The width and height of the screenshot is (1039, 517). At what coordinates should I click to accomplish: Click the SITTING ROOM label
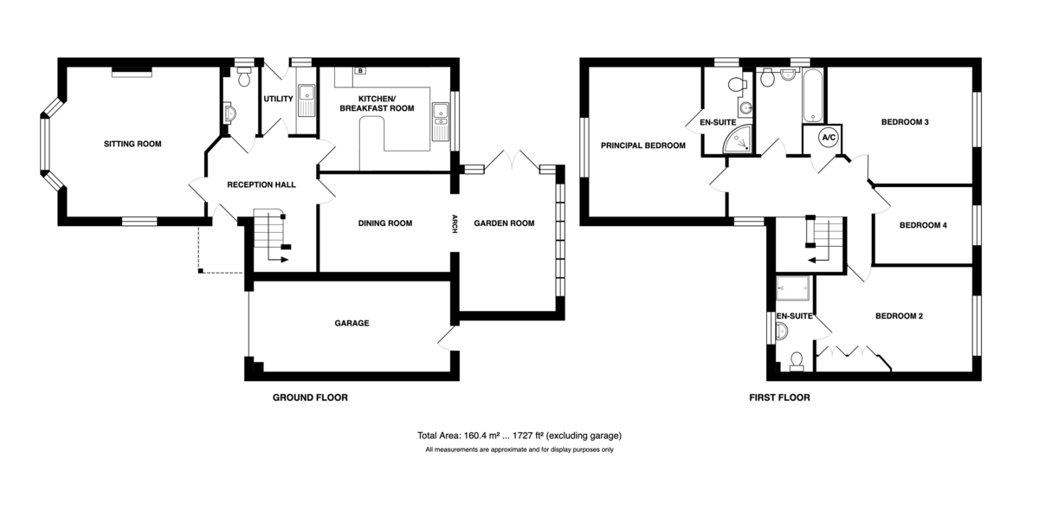(132, 144)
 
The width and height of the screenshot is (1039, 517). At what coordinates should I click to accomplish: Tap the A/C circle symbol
(829, 138)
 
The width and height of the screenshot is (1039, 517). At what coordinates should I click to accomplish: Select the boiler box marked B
(360, 70)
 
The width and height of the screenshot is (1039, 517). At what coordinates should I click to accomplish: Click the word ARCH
(455, 223)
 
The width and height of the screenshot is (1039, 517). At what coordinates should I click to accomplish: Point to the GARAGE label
(352, 323)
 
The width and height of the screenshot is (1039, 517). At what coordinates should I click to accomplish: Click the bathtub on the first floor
(813, 95)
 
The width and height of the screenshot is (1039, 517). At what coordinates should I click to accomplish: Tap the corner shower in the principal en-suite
(738, 139)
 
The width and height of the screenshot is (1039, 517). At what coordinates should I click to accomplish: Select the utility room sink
(307, 100)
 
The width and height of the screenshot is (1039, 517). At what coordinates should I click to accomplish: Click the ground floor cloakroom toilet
(244, 76)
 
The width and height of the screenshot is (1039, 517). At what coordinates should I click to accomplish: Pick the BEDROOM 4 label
(923, 225)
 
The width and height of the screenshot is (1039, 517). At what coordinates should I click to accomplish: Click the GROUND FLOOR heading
(310, 397)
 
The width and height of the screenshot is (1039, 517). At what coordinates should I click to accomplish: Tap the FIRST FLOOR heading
(779, 397)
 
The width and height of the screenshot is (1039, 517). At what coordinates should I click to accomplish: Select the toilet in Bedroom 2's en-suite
(797, 362)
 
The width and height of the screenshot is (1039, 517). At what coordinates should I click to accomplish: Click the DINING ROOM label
(385, 223)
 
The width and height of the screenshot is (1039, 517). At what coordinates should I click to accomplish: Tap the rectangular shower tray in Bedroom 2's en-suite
(793, 288)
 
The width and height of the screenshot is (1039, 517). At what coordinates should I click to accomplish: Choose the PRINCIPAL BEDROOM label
(642, 145)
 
